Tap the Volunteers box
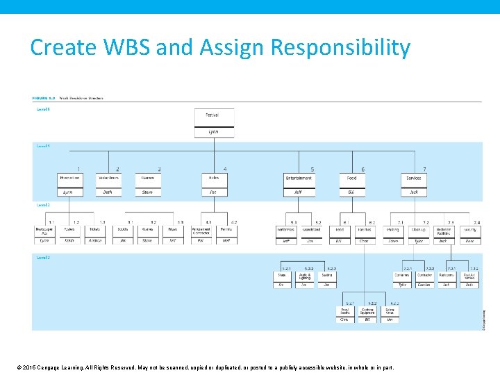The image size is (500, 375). [x=108, y=178]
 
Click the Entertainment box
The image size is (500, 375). [x=299, y=178]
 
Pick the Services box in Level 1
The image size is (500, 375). [x=414, y=178]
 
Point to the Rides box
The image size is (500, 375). [x=213, y=178]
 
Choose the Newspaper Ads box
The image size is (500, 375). [x=44, y=230]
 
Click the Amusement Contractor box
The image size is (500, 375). [x=201, y=230]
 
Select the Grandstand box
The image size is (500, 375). [x=310, y=230]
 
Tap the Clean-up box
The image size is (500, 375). [x=418, y=230]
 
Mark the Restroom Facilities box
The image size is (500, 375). [x=444, y=230]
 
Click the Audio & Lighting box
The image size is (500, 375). [x=304, y=276]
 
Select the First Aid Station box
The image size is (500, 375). [x=469, y=276]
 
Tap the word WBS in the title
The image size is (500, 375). [x=122, y=48]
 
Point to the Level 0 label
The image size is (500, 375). [x=43, y=109]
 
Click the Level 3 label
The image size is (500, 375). [x=43, y=258]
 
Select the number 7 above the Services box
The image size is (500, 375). [x=424, y=169]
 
